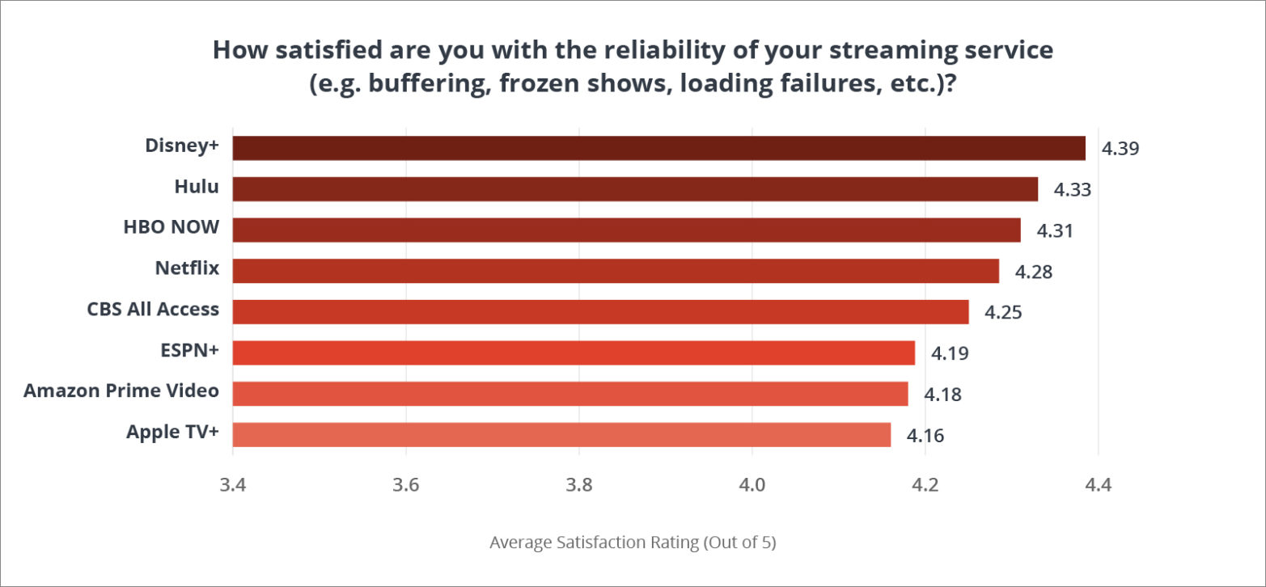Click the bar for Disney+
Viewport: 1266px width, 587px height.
coord(658,148)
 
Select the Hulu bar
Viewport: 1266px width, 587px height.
coord(635,189)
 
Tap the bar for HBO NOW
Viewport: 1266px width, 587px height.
coord(626,230)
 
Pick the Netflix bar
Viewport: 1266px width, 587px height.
coord(616,271)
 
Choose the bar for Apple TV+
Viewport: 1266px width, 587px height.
coord(561,434)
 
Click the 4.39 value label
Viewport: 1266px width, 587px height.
coord(1120,149)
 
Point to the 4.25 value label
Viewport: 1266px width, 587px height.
coord(1004,312)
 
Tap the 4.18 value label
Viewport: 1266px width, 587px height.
coord(942,395)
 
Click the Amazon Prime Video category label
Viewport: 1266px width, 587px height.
coord(121,391)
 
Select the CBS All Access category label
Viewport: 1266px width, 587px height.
coord(153,309)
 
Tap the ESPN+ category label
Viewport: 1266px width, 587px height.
coord(189,349)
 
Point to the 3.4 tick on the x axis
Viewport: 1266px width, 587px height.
coord(233,486)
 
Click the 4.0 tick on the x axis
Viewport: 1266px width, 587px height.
coord(752,486)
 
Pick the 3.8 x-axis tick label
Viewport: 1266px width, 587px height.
coord(579,486)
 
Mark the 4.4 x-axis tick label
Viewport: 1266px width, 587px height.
coord(1098,486)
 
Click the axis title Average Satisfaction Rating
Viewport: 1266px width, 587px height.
coord(633,542)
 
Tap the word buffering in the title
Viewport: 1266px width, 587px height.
coord(427,84)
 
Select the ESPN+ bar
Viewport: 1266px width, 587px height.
coord(574,353)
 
